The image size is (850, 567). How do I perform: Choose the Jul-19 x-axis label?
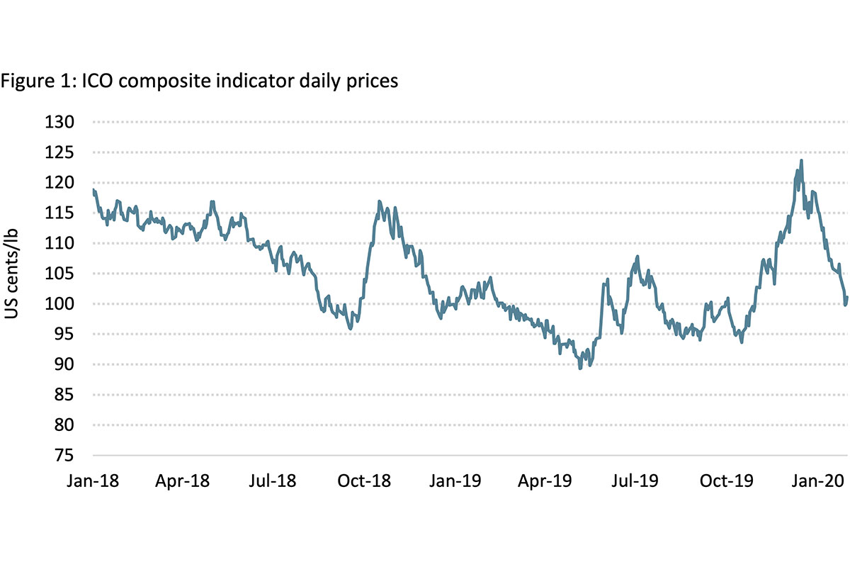pos(634,481)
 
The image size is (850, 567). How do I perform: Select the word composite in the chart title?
pos(144,82)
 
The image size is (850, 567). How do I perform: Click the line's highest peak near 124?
pos(801,161)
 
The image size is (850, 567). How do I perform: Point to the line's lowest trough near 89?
pos(581,368)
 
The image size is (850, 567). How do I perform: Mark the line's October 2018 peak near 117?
pos(380,202)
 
